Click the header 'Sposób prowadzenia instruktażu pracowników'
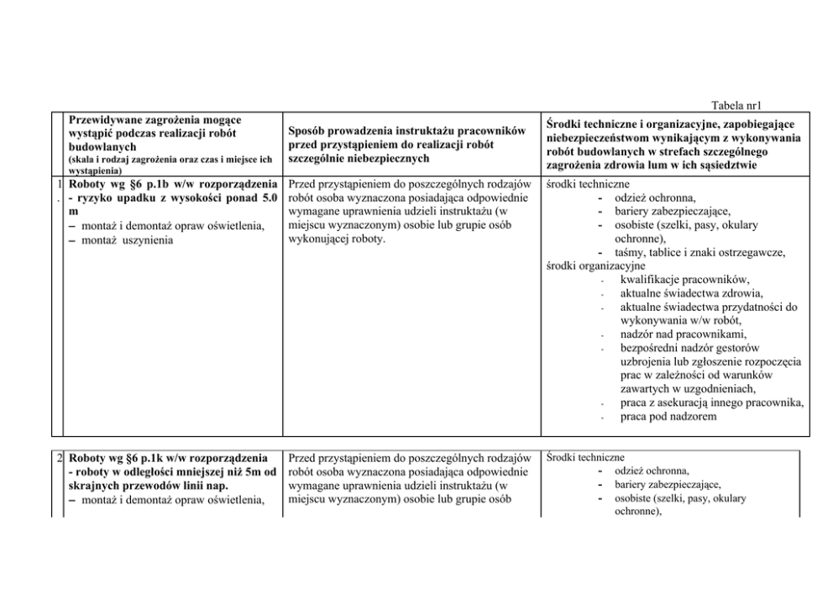407,131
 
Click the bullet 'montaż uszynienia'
124,240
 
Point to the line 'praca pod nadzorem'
668,416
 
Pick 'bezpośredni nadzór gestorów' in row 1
691,348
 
